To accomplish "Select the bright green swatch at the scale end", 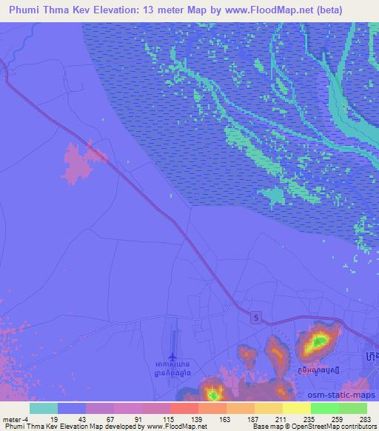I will (x=352, y=408).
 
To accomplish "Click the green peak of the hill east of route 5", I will (x=319, y=341).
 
